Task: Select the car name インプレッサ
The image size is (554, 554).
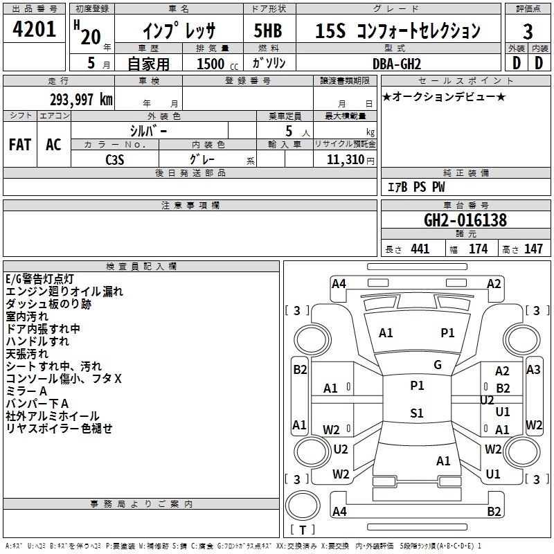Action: (x=179, y=31)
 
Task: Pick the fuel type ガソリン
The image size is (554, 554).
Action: (x=269, y=62)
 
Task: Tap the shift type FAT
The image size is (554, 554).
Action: (x=19, y=145)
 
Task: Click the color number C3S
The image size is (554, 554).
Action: (x=115, y=160)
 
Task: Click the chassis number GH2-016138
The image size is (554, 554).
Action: (x=465, y=221)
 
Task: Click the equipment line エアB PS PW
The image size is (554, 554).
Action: (x=415, y=187)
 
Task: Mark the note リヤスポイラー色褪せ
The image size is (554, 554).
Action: (x=59, y=428)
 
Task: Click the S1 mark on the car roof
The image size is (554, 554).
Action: (x=416, y=413)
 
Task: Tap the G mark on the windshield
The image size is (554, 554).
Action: (x=437, y=365)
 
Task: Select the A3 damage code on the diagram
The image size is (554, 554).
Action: (x=533, y=370)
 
